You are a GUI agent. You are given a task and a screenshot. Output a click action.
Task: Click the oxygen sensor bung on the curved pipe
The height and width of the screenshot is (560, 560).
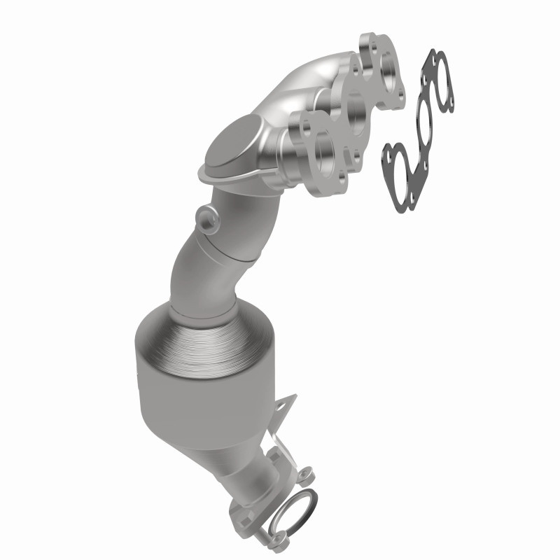(x=204, y=216)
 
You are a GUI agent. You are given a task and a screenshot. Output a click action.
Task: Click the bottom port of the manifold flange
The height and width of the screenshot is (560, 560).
(x=323, y=148)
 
